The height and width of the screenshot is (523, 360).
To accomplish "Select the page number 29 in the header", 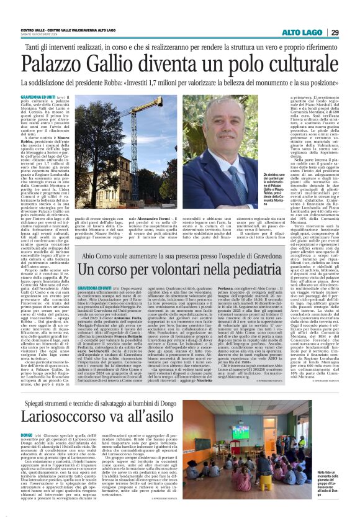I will pyautogui.click(x=335, y=32).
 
